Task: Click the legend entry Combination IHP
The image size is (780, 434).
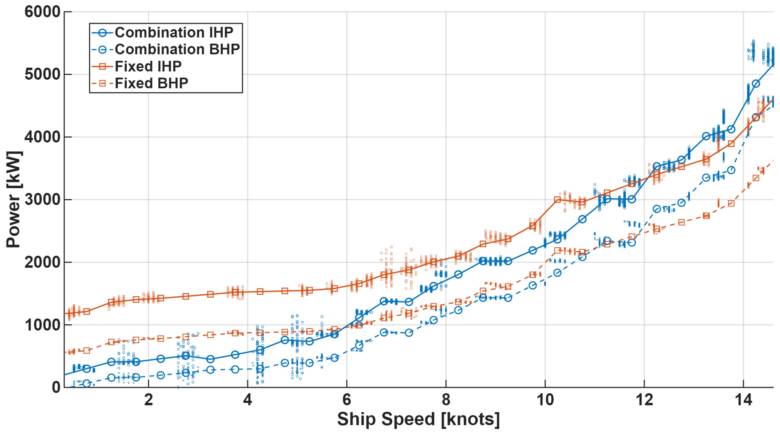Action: point(174,32)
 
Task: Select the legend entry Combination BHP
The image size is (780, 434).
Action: point(177,49)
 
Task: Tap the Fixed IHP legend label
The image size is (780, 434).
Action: point(148,66)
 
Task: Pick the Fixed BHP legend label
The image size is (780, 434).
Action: point(151,83)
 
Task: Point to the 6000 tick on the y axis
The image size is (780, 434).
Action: point(42,12)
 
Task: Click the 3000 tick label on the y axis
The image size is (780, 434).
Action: point(42,200)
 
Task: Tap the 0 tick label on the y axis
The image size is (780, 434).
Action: point(56,387)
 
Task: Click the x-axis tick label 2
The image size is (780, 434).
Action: point(148,400)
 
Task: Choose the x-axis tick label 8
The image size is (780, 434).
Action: point(446,400)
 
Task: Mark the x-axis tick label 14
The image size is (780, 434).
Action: point(743,400)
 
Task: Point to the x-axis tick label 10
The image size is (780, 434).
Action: point(545,400)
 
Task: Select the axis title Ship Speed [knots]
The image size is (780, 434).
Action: point(418,419)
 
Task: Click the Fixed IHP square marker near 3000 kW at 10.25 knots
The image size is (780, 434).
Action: point(557,199)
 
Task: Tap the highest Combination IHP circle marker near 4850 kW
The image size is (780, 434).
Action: point(756,84)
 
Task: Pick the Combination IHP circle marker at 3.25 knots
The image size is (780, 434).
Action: point(211,359)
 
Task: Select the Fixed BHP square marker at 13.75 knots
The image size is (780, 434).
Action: point(731,203)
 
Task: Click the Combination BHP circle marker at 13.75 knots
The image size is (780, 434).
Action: point(731,170)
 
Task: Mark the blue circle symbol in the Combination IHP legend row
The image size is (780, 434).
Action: point(103,33)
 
